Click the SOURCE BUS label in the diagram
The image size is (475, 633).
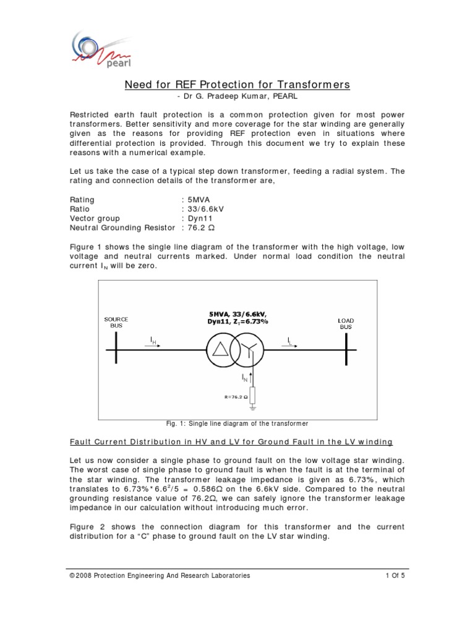click(x=116, y=321)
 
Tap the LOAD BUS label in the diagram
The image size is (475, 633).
click(x=346, y=323)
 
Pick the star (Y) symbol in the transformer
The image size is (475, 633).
click(x=249, y=350)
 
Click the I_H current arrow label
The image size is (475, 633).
click(x=153, y=340)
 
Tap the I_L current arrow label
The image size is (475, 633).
click(x=291, y=340)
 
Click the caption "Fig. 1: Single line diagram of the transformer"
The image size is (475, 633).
click(x=237, y=423)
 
